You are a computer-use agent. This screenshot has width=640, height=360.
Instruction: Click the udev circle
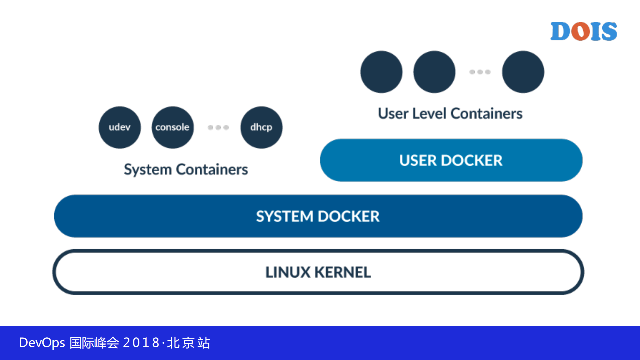tap(119, 127)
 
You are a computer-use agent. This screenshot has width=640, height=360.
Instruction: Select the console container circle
tap(172, 127)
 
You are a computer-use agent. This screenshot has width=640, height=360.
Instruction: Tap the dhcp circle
tap(261, 127)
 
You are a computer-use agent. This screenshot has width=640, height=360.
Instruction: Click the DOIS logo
tap(584, 31)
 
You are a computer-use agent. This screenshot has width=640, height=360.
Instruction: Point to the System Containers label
tap(186, 169)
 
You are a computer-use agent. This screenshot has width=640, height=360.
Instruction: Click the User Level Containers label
tap(450, 113)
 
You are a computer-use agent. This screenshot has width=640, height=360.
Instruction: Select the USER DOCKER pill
tap(451, 160)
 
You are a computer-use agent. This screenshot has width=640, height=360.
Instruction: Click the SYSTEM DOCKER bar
tap(318, 216)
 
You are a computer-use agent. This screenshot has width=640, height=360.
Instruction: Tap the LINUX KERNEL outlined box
tap(318, 272)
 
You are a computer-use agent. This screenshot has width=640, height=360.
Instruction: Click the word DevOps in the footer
tap(42, 343)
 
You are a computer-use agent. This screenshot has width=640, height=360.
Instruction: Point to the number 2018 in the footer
tap(141, 343)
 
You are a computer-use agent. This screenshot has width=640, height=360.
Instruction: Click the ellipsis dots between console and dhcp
tap(218, 127)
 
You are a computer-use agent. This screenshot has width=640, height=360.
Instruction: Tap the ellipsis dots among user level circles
tap(480, 72)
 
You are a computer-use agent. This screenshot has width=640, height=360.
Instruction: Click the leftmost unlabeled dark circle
tap(381, 72)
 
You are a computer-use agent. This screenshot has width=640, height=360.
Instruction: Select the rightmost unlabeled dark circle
tap(523, 72)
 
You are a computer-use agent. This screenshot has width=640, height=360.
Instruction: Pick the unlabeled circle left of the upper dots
tap(434, 72)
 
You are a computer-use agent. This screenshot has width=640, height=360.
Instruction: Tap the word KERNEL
tap(343, 272)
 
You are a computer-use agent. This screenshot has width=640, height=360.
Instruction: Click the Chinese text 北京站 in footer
tap(188, 343)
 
